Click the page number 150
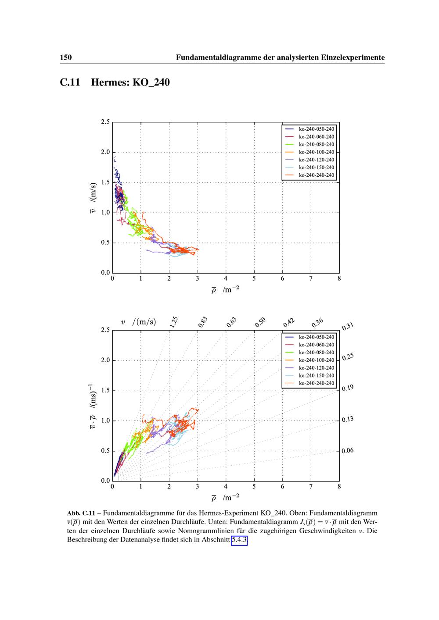(x=66, y=57)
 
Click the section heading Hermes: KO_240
(x=130, y=82)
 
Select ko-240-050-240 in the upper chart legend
(x=316, y=129)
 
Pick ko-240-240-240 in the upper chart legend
(x=316, y=175)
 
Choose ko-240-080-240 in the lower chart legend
(x=316, y=353)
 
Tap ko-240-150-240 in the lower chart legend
(x=316, y=375)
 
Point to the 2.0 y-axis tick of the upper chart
(x=105, y=152)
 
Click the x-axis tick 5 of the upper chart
(x=254, y=278)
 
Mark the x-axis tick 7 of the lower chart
(x=311, y=486)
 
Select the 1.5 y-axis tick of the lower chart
(x=105, y=390)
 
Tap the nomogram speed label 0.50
(x=260, y=322)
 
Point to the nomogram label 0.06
(x=348, y=451)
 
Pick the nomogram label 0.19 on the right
(x=348, y=388)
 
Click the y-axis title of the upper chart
(x=93, y=198)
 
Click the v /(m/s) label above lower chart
(x=138, y=322)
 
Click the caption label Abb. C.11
(x=81, y=513)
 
